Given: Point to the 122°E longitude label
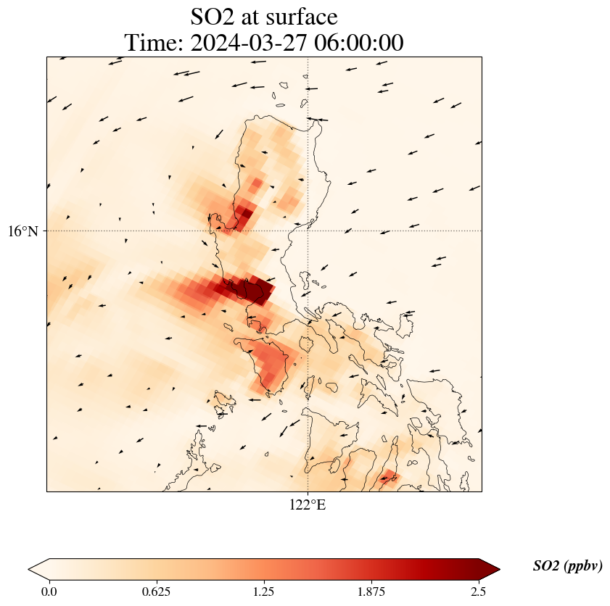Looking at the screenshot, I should [x=308, y=505].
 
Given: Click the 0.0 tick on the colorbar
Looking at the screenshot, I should [x=49, y=591].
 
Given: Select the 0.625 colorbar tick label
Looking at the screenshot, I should [x=156, y=591].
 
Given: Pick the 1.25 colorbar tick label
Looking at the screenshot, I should [x=263, y=591].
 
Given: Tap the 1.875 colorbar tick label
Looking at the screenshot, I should [x=371, y=591].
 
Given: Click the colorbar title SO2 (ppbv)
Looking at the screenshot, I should [x=567, y=566].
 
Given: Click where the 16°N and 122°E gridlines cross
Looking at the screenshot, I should [x=308, y=231].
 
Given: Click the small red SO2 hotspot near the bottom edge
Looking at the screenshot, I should [x=389, y=476].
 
